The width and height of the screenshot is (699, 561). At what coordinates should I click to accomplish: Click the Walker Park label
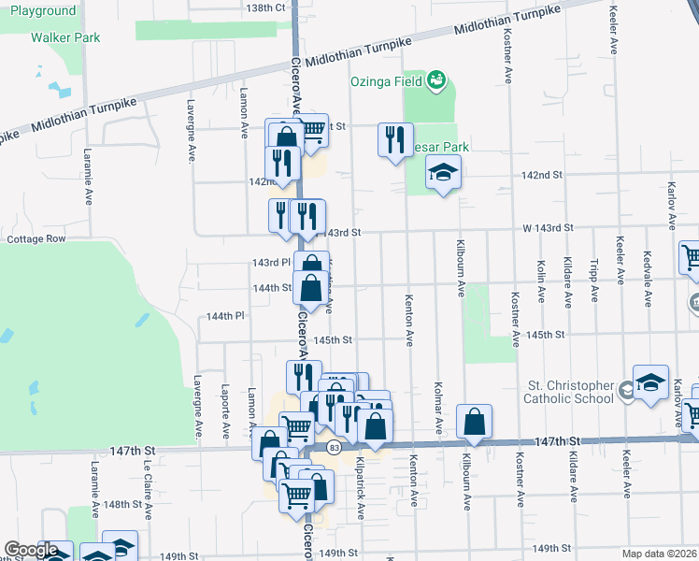(64, 37)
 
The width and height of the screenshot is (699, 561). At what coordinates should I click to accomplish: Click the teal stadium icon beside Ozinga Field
(436, 82)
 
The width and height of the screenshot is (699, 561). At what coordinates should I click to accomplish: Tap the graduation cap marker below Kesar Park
(444, 172)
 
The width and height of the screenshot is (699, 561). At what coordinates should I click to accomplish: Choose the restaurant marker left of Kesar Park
(395, 140)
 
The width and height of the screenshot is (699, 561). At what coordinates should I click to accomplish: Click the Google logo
(31, 550)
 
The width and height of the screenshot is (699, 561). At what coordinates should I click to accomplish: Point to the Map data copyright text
(659, 554)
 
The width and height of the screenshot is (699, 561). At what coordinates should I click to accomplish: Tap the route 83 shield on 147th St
(333, 447)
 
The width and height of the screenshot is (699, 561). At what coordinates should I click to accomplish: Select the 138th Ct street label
(265, 7)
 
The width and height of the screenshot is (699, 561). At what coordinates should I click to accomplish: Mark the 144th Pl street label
(225, 316)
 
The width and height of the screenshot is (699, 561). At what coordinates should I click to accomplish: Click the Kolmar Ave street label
(437, 407)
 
